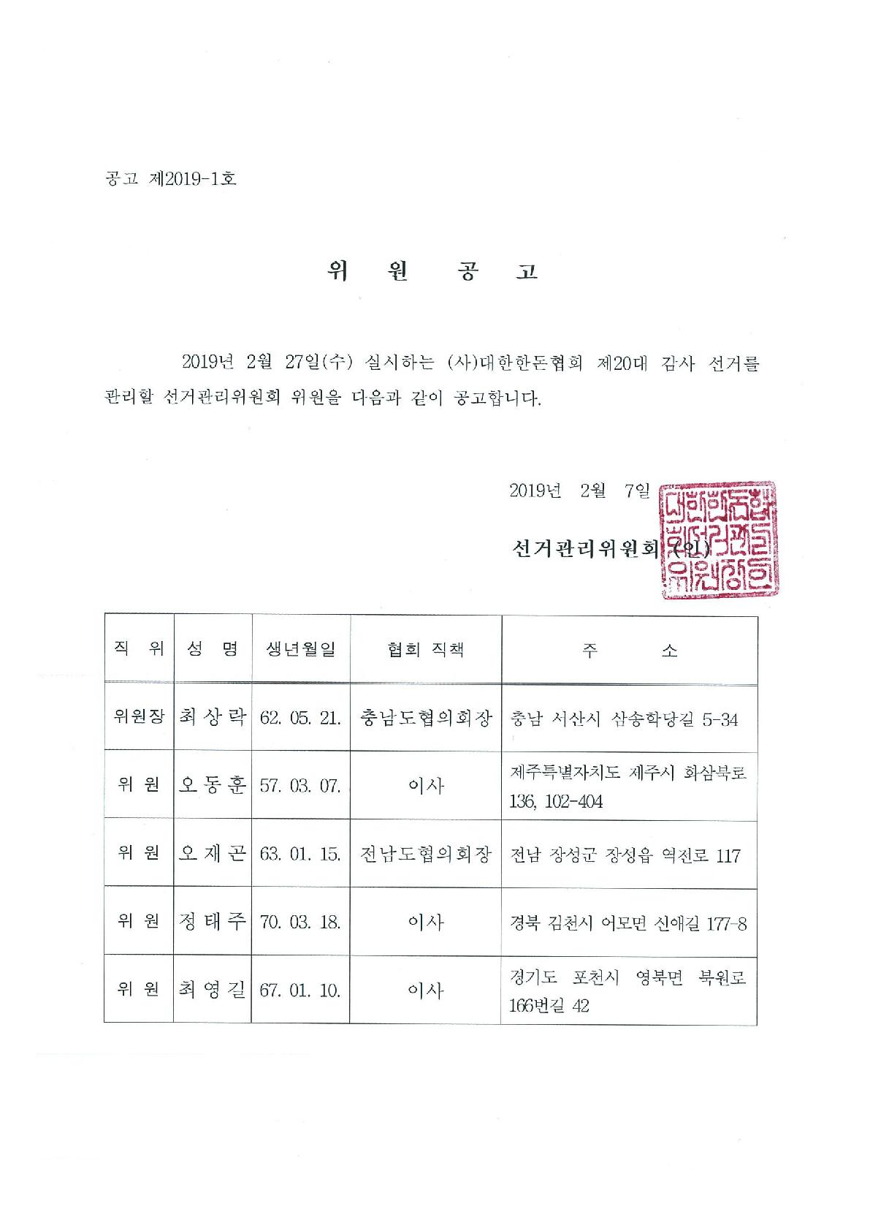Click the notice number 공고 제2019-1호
tap(171, 178)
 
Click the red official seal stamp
tap(719, 539)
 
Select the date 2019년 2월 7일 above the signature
tap(579, 491)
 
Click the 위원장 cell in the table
tap(139, 716)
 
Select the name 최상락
tap(213, 716)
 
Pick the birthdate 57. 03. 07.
tap(300, 786)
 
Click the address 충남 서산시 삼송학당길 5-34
tap(624, 719)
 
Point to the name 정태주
tap(213, 922)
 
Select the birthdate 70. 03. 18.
tap(300, 923)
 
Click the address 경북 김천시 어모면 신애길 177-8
tap(628, 924)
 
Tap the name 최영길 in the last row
tap(213, 991)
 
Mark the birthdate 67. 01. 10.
tap(300, 991)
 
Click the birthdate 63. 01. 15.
tap(300, 855)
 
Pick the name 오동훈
tap(213, 785)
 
